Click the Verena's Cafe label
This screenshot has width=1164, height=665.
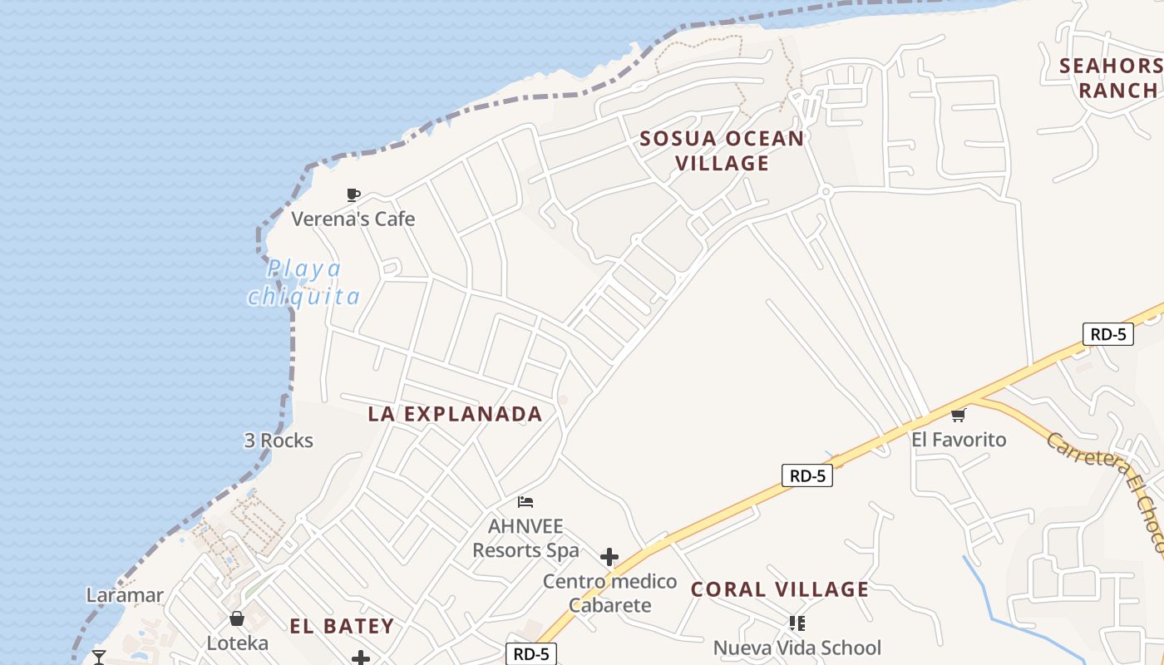[x=353, y=219]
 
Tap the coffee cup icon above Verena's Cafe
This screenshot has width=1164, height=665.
[x=353, y=195]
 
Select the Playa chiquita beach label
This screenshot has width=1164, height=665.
[x=304, y=283]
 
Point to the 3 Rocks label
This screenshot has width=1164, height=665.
[x=279, y=441]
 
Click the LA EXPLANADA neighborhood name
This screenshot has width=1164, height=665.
[x=455, y=414]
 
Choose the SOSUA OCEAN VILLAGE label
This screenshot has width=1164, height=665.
[x=722, y=150]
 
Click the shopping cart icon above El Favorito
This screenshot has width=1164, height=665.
[x=959, y=415]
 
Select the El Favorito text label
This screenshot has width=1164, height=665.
[x=959, y=439]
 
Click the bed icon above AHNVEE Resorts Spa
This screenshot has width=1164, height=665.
[x=525, y=502]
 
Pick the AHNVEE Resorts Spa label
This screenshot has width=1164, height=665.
[x=525, y=538]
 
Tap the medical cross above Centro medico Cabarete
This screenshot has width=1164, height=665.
[x=609, y=557]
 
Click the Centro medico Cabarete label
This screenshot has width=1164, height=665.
[x=609, y=593]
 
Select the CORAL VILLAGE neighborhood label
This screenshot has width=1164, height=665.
[x=780, y=590]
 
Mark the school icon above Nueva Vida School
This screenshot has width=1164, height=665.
[x=797, y=623]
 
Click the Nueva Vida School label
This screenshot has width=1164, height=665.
[x=797, y=648]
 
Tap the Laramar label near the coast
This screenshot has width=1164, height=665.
[x=125, y=595]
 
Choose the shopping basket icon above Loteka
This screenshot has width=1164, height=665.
[x=237, y=619]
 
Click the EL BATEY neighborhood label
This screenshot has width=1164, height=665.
[x=342, y=626]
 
